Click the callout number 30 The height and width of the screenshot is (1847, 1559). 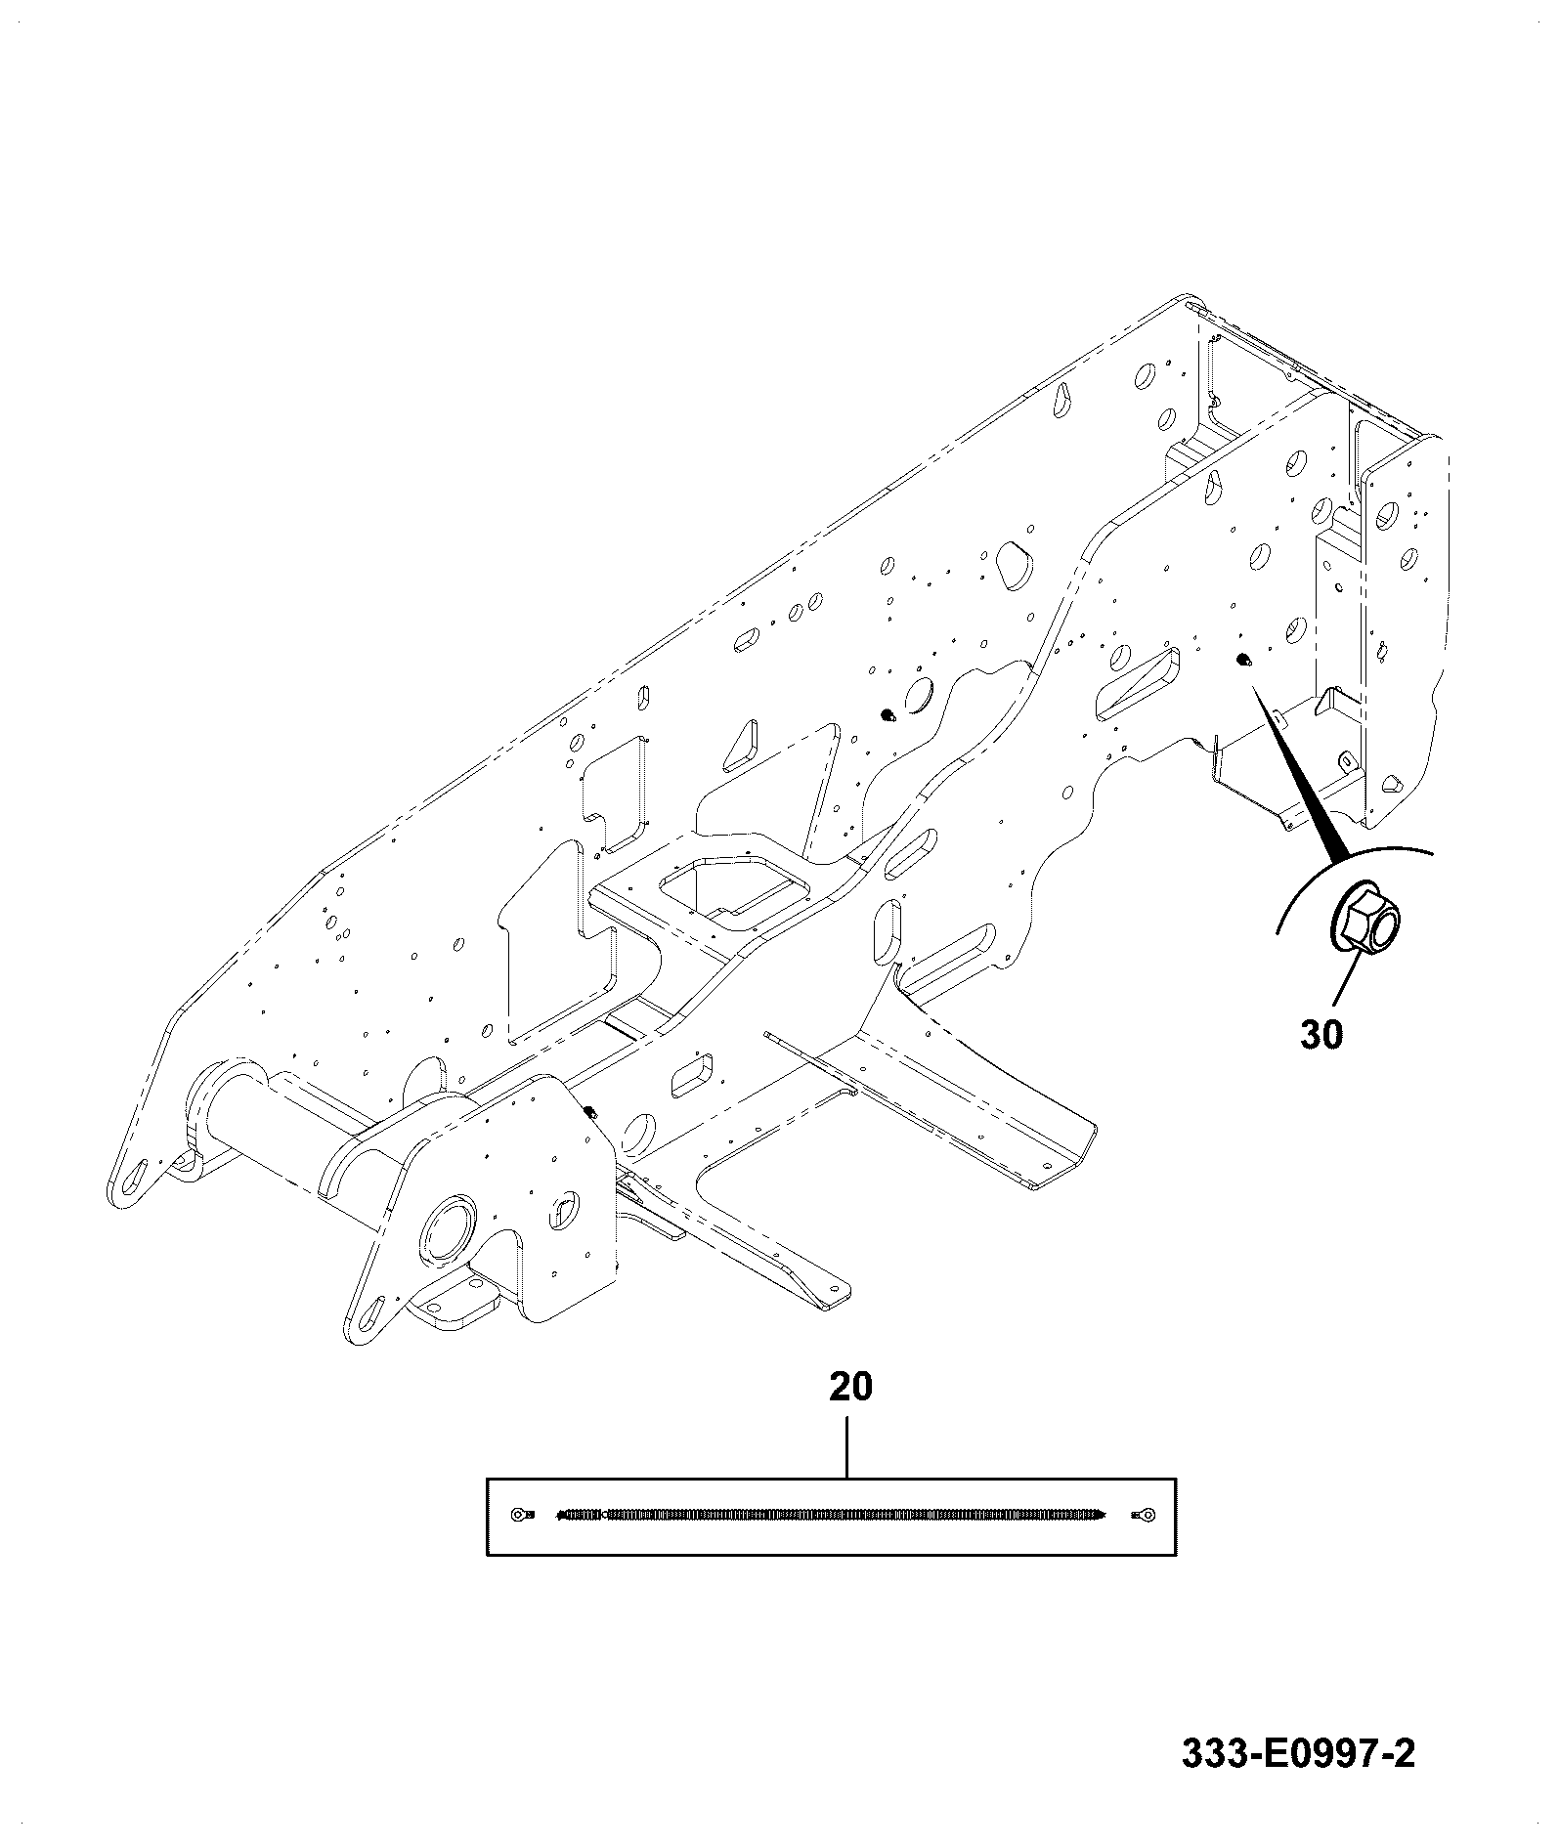click(1321, 1034)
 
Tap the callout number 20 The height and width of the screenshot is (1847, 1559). click(850, 1387)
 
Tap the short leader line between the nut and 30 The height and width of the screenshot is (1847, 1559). click(1346, 980)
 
